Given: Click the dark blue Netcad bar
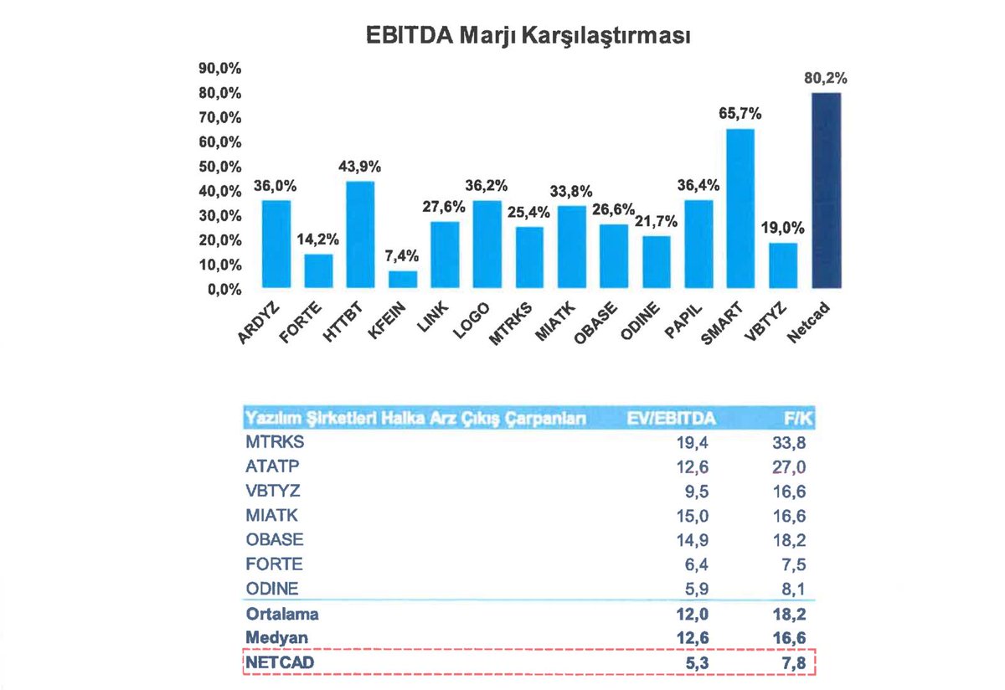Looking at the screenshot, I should click(826, 191).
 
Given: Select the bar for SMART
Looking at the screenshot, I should click(740, 209).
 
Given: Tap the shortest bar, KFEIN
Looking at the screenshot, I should click(402, 279).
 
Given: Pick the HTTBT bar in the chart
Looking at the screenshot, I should click(360, 234).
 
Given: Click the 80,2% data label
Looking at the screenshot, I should click(826, 80).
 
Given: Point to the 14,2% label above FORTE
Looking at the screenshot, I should click(317, 241).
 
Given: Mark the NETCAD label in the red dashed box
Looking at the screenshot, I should click(276, 663).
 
